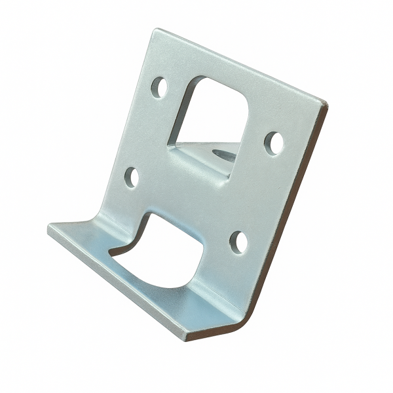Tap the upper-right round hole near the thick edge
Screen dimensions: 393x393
(274, 143)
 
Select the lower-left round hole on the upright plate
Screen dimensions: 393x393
(132, 177)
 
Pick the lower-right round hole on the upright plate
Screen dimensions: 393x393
(240, 242)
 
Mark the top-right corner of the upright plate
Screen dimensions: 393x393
(326, 103)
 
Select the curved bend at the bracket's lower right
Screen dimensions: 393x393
(246, 321)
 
